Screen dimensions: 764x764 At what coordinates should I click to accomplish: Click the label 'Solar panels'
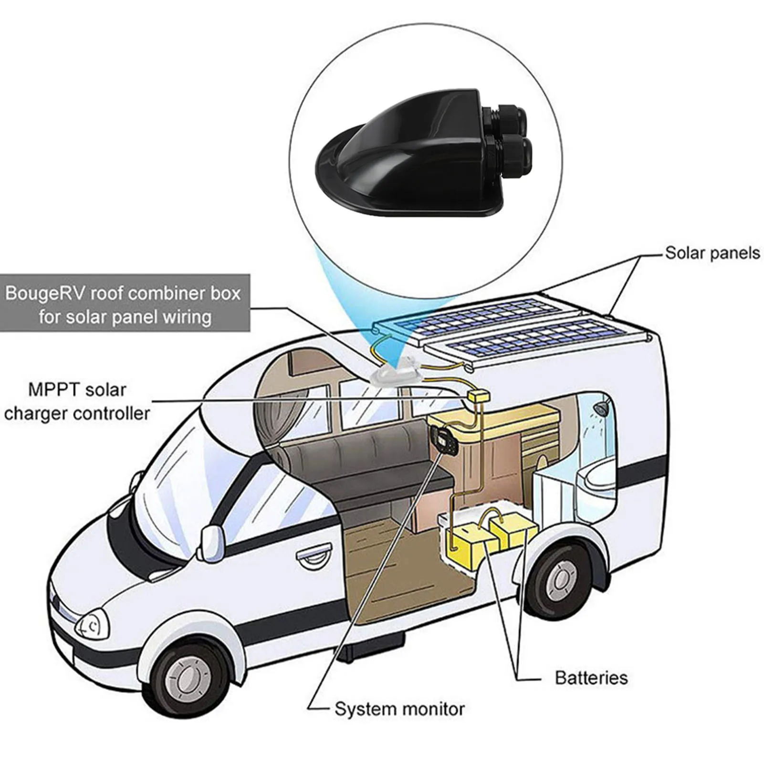pyautogui.click(x=712, y=253)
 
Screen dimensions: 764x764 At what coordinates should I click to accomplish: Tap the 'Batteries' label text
pyautogui.click(x=591, y=678)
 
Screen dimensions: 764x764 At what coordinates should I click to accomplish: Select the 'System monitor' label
pyautogui.click(x=399, y=709)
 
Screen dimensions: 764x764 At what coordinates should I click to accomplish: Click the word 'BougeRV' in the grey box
pyautogui.click(x=45, y=293)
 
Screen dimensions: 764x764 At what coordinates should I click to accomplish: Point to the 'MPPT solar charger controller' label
pyautogui.click(x=77, y=401)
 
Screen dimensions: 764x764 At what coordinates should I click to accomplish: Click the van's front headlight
pyautogui.click(x=92, y=625)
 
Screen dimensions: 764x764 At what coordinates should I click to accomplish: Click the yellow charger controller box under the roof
pyautogui.click(x=479, y=397)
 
